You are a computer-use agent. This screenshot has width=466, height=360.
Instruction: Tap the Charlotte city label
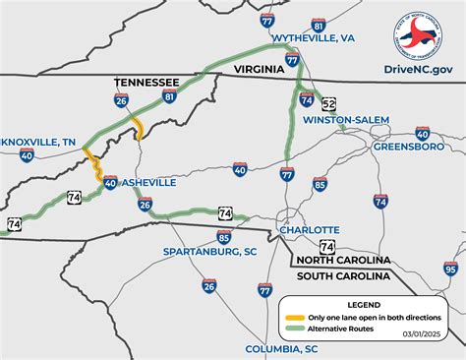[309, 230]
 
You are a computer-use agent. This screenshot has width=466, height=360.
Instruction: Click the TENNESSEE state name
[147, 82]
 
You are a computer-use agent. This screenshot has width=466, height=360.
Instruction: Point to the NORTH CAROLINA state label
[344, 259]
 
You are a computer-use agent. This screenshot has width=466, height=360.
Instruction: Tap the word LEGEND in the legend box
[363, 305]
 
